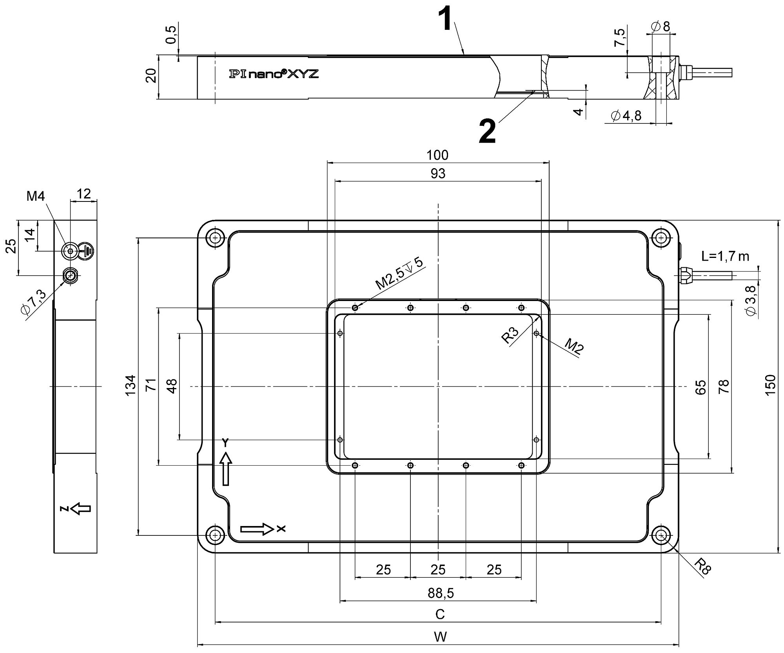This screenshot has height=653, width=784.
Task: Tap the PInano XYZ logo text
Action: tap(274, 74)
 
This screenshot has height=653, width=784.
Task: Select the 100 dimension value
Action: tap(437, 155)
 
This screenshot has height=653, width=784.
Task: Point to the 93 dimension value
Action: tap(437, 174)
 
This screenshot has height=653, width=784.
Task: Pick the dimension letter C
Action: tap(440, 614)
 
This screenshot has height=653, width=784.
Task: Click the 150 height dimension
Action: tap(770, 386)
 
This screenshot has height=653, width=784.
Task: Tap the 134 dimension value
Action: tap(131, 385)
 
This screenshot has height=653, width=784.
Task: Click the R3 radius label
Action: tap(510, 336)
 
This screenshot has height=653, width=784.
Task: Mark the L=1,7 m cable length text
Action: tap(725, 256)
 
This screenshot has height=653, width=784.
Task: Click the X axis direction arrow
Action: tap(257, 529)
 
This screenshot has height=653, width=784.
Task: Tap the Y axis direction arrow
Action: tap(226, 469)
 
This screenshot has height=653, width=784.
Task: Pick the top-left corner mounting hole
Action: tap(215, 238)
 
